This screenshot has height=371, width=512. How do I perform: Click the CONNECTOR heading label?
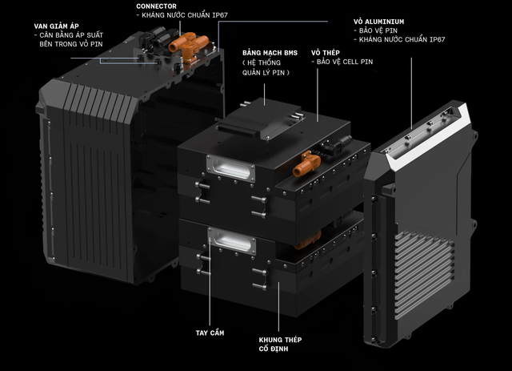tap(156, 6)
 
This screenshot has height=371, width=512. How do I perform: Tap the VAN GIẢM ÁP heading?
tap(56, 26)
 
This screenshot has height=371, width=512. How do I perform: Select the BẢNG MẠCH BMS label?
tap(270, 53)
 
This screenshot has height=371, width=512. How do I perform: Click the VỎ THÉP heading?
tap(326, 53)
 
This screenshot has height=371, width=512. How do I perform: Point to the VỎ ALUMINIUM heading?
tap(378, 22)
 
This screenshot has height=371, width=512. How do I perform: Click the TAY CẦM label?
tap(210, 333)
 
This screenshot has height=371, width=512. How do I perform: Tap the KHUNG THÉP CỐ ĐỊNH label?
tap(280, 345)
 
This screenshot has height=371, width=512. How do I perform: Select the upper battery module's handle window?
tap(231, 168)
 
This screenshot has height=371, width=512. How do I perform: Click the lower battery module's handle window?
tap(232, 241)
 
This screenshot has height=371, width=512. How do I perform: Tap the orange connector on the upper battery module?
tap(306, 163)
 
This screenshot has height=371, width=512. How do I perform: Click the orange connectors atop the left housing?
tap(189, 45)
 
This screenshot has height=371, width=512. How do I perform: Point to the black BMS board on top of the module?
tap(260, 119)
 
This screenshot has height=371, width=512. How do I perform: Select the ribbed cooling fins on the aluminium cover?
tap(423, 276)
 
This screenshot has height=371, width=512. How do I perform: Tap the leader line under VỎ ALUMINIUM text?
tap(411, 93)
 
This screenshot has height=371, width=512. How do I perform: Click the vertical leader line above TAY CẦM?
tap(210, 281)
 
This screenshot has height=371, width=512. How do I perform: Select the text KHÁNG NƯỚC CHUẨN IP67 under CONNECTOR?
tap(182, 15)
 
